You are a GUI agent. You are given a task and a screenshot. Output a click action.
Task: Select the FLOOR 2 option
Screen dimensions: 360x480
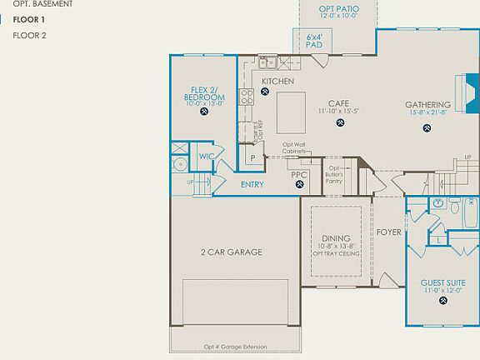(29, 36)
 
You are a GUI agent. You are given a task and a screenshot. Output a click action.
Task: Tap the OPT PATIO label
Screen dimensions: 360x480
(337, 11)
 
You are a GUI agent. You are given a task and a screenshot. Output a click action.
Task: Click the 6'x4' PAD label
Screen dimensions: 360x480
(314, 41)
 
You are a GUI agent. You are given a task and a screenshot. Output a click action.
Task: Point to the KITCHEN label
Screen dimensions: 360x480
(277, 81)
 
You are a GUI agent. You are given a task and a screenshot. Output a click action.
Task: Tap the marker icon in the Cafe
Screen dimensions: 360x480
(340, 123)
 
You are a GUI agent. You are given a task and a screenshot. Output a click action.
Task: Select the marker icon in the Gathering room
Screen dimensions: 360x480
(427, 128)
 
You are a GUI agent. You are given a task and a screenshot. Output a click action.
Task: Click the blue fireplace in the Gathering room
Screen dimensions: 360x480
(471, 94)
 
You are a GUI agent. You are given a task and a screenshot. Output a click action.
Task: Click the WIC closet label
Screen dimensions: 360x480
(207, 156)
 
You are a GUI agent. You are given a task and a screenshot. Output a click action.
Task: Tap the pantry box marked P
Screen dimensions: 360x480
(251, 157)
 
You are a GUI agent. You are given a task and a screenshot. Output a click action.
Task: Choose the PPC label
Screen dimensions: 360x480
(299, 174)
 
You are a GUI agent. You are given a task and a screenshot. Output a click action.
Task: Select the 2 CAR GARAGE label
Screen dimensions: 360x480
(231, 252)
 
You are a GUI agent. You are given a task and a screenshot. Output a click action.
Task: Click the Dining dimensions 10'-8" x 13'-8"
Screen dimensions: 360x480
(336, 247)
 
